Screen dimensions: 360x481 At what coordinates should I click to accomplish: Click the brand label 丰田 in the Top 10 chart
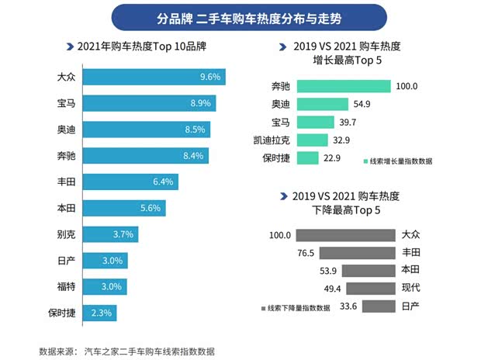pos(67,182)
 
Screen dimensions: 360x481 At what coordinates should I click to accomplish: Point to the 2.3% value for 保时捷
pos(101,313)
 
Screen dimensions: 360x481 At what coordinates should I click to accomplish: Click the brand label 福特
pos(67,287)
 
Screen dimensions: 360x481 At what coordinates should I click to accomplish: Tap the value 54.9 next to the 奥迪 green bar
pos(365,104)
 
